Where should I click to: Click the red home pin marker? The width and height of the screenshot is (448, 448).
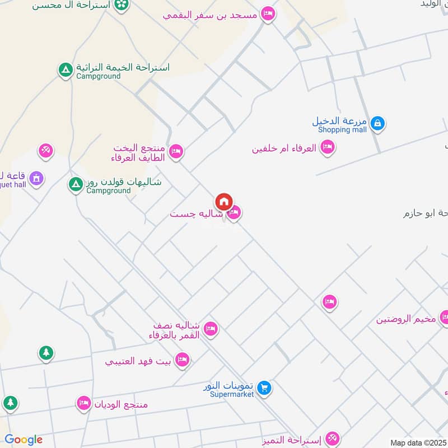[223, 202]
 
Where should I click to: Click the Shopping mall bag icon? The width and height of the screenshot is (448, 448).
[377, 123]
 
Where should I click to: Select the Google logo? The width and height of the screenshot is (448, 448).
[24, 440]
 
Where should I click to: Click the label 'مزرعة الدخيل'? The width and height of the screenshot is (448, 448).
[340, 121]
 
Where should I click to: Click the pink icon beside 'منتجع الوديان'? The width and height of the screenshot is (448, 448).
[83, 403]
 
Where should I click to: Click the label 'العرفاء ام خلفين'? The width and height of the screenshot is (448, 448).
[284, 148]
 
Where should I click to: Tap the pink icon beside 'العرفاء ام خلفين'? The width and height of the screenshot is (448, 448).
[328, 148]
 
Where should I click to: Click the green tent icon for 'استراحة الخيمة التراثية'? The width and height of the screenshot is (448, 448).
[66, 70]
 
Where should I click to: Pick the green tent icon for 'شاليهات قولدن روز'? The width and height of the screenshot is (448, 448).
[75, 184]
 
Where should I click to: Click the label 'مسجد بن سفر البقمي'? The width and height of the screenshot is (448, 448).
[210, 15]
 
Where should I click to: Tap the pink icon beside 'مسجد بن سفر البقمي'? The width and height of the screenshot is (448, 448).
[268, 14]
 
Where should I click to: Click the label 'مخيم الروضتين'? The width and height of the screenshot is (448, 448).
[406, 319]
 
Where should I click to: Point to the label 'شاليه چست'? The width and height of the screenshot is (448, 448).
[197, 214]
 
